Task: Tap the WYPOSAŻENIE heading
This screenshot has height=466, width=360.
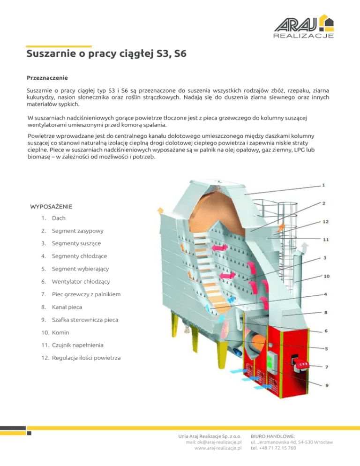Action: point(51,206)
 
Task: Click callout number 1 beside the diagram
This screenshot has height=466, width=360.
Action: point(323,185)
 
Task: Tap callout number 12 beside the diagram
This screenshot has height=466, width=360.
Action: point(325,221)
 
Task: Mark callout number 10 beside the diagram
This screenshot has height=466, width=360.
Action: point(326,276)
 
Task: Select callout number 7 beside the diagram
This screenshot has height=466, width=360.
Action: point(326,367)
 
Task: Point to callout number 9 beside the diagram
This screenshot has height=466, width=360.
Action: point(326,385)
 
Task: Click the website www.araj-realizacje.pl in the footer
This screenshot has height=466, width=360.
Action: point(217,448)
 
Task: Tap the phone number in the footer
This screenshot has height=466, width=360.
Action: point(273,448)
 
